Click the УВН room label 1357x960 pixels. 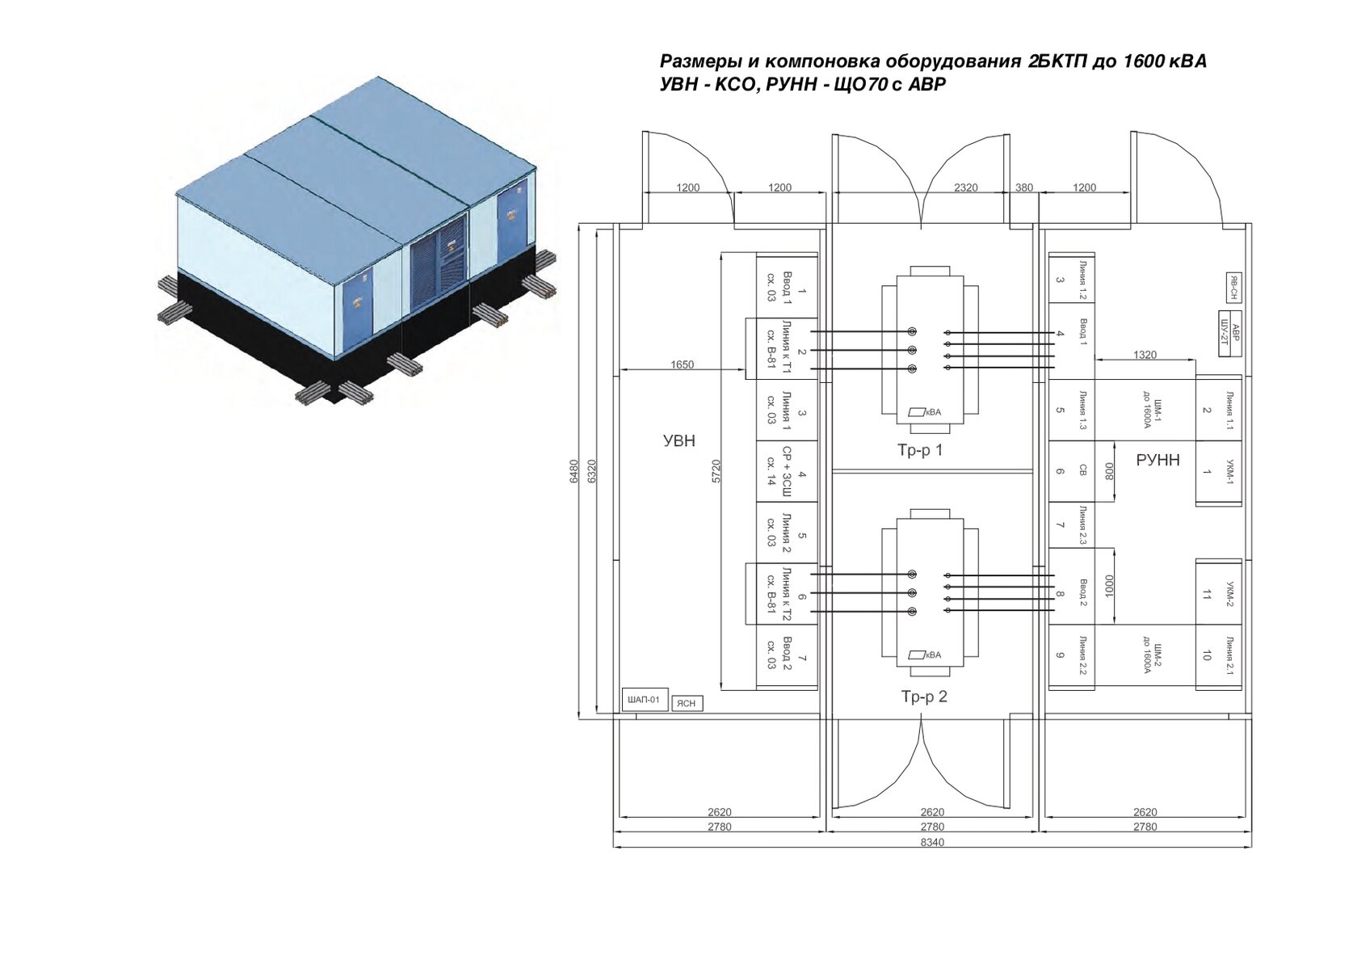pyautogui.click(x=679, y=440)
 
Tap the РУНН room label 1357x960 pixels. pyautogui.click(x=1157, y=461)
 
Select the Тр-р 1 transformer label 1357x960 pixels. pyautogui.click(x=919, y=450)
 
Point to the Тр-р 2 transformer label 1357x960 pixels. pyautogui.click(x=924, y=697)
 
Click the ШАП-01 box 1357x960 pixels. pyautogui.click(x=645, y=700)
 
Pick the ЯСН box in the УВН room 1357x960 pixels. pyautogui.click(x=687, y=704)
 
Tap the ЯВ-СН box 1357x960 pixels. pyautogui.click(x=1233, y=288)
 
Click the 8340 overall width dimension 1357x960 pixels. pyautogui.click(x=932, y=842)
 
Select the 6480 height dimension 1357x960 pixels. pyautogui.click(x=573, y=471)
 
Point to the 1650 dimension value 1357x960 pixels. pyautogui.click(x=682, y=365)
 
